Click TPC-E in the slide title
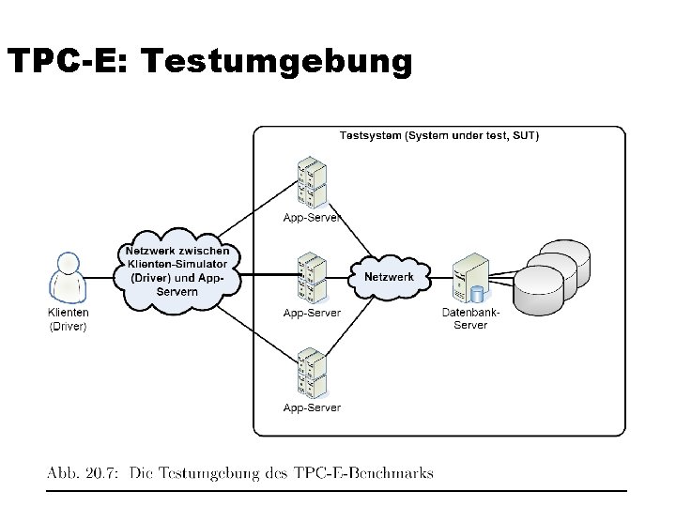(x=68, y=61)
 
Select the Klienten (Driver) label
(x=68, y=319)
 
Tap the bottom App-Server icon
(x=311, y=372)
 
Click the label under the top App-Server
(x=312, y=219)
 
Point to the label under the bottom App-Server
(x=312, y=407)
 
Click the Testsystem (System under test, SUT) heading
(x=438, y=136)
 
